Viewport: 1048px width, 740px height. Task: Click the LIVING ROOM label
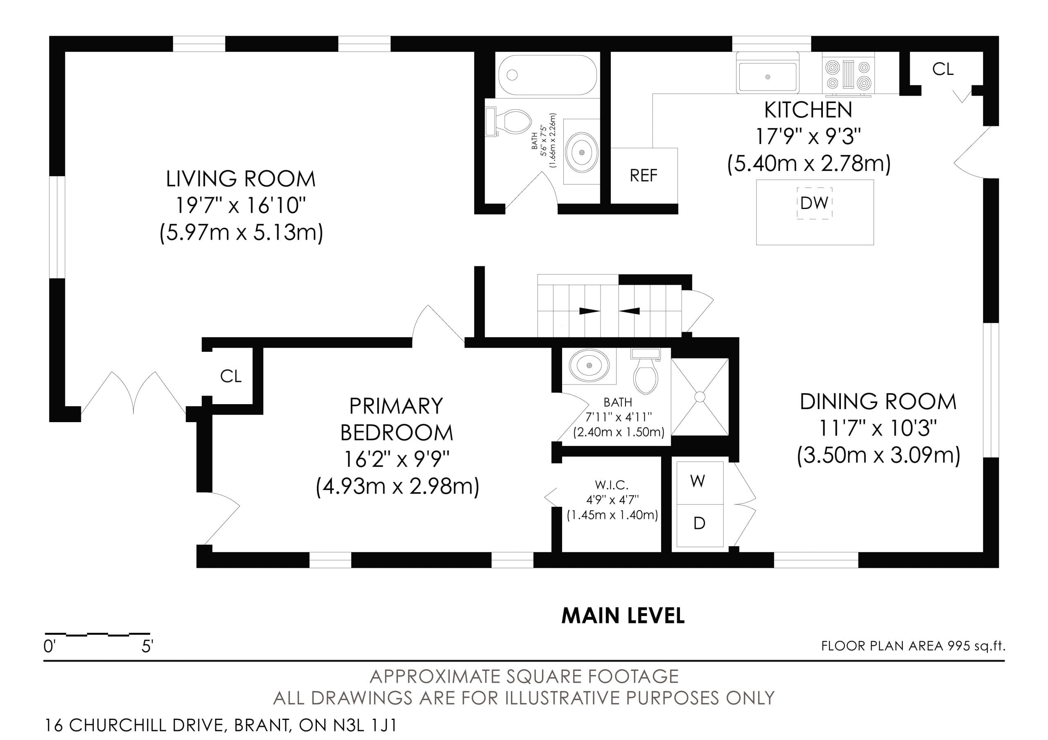(241, 179)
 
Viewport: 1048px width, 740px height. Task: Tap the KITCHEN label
(808, 110)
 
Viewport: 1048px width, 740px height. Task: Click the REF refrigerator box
(644, 175)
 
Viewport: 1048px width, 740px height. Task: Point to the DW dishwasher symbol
(814, 203)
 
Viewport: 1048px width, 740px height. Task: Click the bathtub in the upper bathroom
(547, 75)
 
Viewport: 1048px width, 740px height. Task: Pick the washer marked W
(699, 483)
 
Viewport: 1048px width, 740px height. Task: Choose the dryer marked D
(699, 526)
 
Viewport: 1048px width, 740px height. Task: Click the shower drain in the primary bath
(700, 397)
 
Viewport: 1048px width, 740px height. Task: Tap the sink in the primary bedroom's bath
(589, 365)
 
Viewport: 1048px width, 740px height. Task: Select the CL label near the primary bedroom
(230, 376)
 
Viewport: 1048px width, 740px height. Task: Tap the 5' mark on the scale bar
(147, 646)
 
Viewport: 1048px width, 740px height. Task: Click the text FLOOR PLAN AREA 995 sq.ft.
(913, 646)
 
